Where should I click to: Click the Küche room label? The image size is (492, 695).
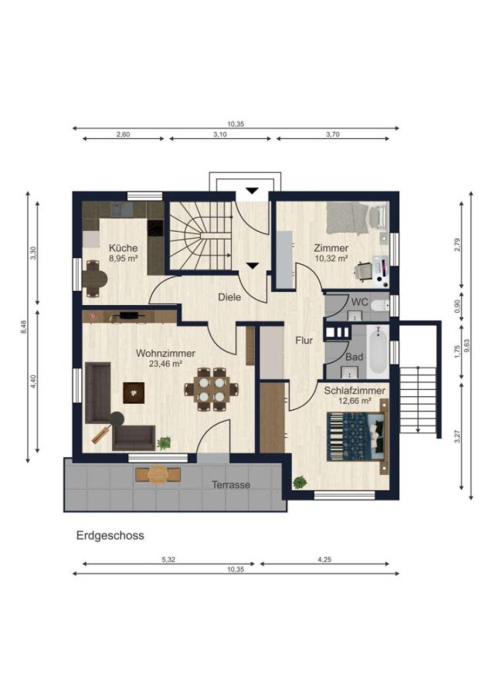(124, 248)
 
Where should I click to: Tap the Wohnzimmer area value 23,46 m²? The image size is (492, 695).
(166, 364)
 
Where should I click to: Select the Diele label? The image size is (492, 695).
(229, 297)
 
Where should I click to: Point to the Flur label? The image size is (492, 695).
(304, 341)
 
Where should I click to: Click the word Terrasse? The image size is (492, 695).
(231, 484)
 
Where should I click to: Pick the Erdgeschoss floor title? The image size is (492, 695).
(110, 535)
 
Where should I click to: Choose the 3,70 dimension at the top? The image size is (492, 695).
(333, 134)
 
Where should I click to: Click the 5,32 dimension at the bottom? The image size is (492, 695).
(168, 559)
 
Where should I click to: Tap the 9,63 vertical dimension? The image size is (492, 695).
(467, 346)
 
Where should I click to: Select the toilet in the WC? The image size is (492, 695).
(379, 305)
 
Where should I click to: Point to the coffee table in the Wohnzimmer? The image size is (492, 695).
(134, 392)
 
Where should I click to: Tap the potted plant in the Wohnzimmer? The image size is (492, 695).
(164, 442)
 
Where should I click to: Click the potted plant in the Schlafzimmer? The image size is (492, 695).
(300, 482)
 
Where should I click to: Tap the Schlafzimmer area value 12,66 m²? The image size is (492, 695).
(355, 401)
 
